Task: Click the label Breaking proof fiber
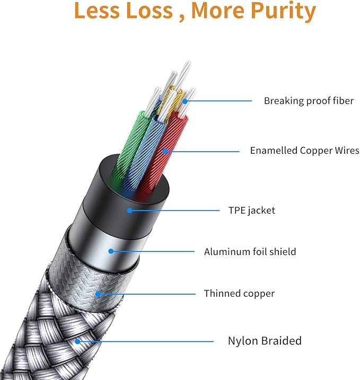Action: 309,101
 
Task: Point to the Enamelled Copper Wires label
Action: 304,151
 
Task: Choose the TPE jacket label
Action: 251,210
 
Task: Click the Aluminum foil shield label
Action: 250,252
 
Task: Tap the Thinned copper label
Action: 239,293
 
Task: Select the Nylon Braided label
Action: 264,341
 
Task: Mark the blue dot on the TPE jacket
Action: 129,210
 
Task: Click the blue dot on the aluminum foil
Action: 111,252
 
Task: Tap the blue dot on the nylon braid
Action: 77,341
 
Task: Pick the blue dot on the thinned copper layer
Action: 98,293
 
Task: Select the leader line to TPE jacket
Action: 175,210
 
